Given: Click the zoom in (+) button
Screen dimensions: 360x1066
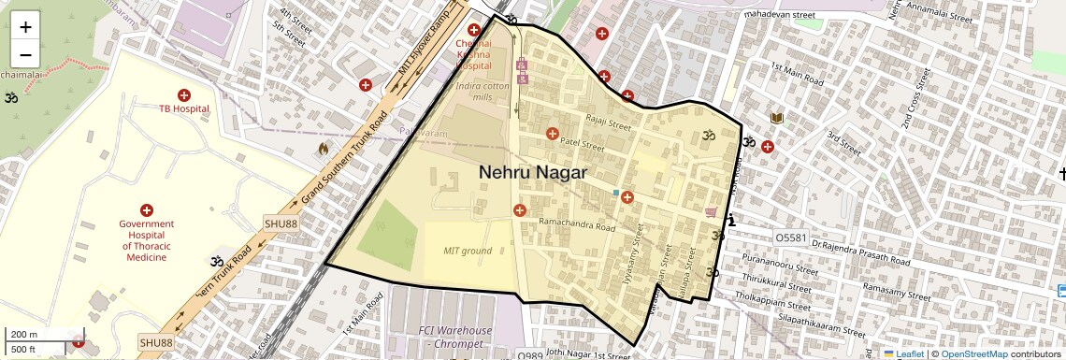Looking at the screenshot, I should pos(25,27).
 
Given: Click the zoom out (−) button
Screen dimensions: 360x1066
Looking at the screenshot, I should pos(25,54).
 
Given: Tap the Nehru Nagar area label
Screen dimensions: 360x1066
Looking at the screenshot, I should pos(533,172).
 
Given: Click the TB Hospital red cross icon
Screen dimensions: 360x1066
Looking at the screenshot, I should pos(183,95).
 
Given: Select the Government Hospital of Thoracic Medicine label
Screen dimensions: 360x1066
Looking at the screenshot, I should pos(147,240).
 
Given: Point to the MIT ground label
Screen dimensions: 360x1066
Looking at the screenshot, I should pos(468,251).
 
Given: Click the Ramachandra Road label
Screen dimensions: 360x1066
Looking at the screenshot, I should pos(577,226).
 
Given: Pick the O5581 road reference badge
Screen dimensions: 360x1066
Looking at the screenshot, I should pos(790,238).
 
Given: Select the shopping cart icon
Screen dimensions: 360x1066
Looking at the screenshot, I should pos(711,212).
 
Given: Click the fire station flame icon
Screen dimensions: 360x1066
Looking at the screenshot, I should pos(324,148).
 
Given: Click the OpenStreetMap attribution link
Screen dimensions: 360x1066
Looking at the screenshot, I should pos(973,354).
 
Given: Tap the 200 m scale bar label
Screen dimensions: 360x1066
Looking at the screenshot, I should pos(23,335).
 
